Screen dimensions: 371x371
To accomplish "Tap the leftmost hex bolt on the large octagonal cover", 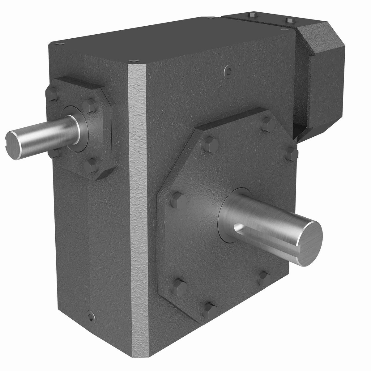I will pos(177,199).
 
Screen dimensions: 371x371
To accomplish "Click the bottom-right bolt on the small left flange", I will pos(90,166).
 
